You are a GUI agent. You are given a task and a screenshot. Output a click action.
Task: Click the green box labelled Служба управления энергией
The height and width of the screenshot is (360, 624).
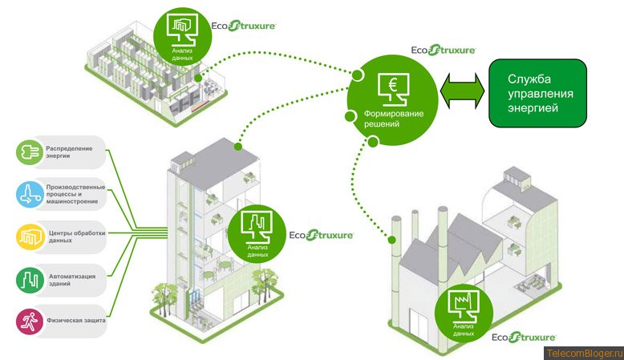pos(537,93)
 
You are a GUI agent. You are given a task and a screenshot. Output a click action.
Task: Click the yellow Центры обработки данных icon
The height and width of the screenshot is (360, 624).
pos(28,237)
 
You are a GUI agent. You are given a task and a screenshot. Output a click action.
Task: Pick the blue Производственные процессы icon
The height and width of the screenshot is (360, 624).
pos(28,193)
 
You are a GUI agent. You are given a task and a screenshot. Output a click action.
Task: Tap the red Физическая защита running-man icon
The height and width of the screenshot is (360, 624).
pos(28,322)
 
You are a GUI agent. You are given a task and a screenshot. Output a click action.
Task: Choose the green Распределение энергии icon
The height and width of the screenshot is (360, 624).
pos(28,151)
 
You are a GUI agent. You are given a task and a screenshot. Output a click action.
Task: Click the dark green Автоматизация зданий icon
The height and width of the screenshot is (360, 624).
pos(28,280)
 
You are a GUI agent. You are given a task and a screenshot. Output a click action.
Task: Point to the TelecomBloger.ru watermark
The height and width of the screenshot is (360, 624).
pos(583,353)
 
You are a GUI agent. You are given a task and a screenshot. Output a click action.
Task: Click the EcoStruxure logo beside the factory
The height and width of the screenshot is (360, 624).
pos(523,337)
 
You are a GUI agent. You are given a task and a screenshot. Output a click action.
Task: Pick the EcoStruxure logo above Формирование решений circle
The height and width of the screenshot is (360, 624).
pos(443,50)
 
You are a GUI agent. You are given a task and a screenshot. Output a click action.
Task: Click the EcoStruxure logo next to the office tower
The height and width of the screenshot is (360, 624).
pos(321,236)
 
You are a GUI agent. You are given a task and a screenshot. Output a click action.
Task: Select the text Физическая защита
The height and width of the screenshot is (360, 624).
pos(75,321)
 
